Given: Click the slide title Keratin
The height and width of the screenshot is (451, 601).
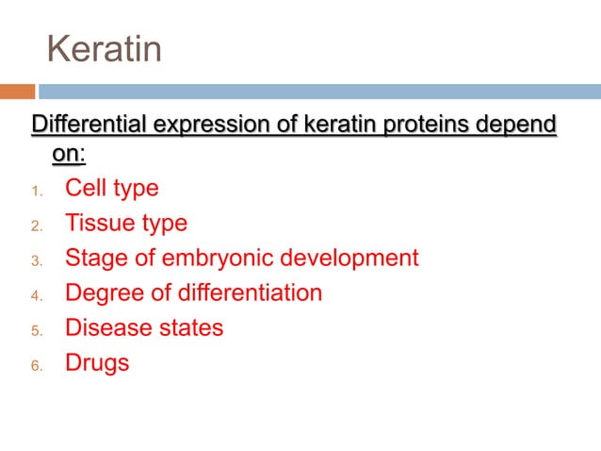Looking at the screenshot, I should tap(105, 50).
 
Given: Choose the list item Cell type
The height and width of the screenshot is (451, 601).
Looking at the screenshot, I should tap(111, 188).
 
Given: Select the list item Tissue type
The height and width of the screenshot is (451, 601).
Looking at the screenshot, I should tap(125, 223).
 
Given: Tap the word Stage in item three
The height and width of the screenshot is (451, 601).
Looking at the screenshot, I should tap(92, 258).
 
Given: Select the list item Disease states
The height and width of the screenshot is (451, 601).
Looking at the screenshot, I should tap(143, 327).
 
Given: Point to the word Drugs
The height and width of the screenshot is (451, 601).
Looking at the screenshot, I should tap(96, 362).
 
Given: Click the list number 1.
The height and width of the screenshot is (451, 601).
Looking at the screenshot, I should tap(36, 191).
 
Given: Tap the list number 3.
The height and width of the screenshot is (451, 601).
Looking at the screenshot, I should tap(36, 260).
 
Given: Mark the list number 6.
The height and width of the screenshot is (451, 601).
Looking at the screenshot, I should tap(36, 365).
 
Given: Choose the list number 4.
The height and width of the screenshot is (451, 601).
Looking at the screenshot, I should tap(36, 295).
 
